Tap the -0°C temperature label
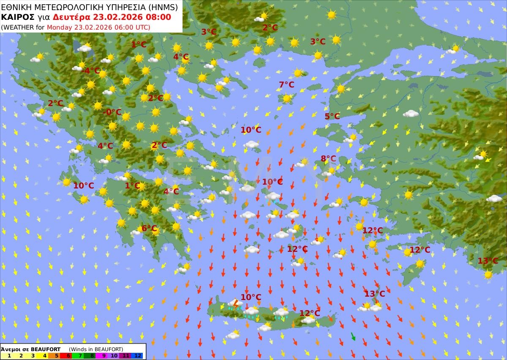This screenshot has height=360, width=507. (112, 112)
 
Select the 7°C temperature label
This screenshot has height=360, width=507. (286, 85)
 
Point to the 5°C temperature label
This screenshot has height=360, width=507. (332, 117)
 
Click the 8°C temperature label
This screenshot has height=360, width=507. (328, 159)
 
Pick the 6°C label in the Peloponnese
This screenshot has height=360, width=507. (149, 228)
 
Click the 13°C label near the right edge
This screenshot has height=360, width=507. (488, 261)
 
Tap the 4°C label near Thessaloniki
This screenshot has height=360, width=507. (180, 57)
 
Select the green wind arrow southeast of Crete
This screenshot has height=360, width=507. (353, 336)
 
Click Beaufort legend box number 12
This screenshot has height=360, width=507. (138, 356)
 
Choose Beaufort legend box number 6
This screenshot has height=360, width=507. (68, 356)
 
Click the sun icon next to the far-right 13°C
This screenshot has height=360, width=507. (488, 274)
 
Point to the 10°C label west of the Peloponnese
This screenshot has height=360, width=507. (84, 185)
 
